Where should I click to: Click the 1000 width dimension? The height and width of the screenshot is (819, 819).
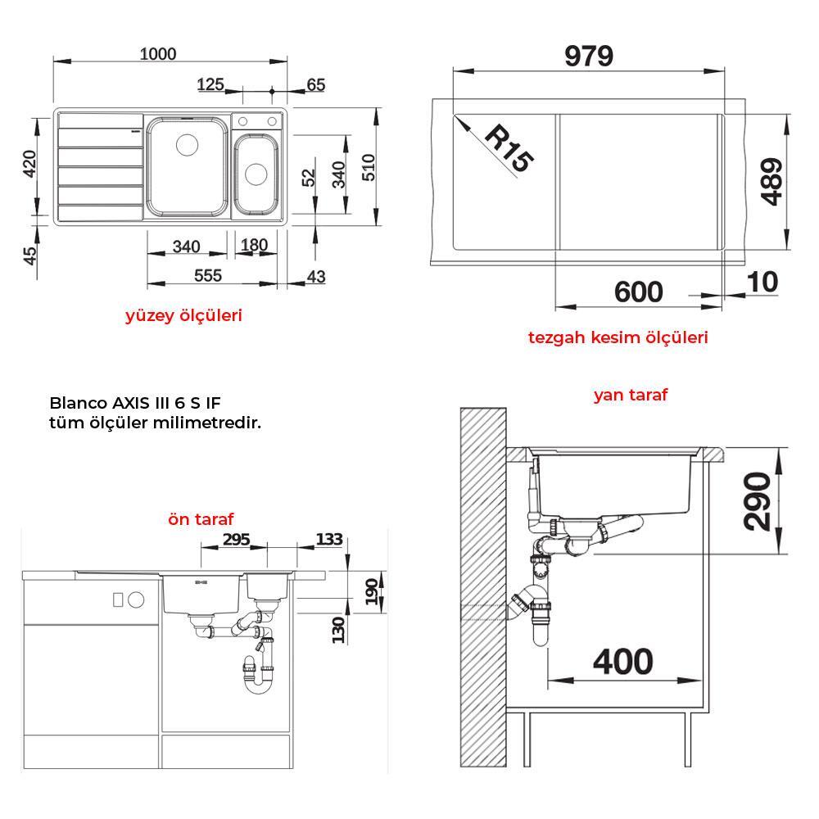tap(158, 54)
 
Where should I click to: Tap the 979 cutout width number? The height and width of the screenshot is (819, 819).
tap(589, 56)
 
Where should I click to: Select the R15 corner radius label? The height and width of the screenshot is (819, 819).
tap(509, 148)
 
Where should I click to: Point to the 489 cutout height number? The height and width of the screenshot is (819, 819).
tap(771, 181)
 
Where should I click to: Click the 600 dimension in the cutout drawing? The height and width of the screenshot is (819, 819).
tap(638, 292)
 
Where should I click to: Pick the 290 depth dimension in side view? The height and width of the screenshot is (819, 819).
tap(757, 501)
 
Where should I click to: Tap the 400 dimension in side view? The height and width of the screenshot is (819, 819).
tap(622, 661)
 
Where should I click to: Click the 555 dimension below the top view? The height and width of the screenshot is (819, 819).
tap(208, 275)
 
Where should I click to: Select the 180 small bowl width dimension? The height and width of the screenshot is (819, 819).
tap(255, 245)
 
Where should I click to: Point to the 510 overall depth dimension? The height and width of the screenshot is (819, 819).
tap(369, 167)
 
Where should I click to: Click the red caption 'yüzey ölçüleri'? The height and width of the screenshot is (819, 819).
tap(183, 315)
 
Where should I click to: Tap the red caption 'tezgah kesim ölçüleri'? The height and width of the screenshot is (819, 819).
tap(618, 337)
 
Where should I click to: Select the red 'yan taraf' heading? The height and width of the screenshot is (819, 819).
tap(631, 395)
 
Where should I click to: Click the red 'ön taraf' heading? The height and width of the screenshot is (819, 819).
tap(201, 519)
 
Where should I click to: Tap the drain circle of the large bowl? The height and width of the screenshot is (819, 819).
tap(187, 145)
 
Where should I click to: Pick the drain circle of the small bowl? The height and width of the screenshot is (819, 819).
tap(256, 174)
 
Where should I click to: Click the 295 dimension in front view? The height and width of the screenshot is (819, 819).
tap(237, 539)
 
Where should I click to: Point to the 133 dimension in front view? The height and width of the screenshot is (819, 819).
tap(329, 539)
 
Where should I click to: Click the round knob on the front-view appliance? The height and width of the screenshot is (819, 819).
tap(136, 600)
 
